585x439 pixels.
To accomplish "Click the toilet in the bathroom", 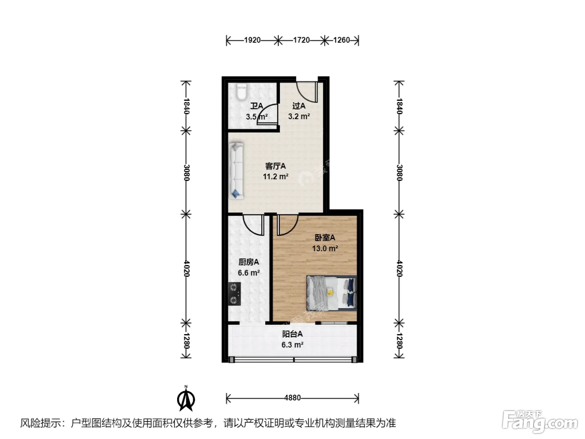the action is [242, 92].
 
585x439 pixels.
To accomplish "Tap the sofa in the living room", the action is [236, 171].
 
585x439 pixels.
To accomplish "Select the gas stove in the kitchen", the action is [234, 294].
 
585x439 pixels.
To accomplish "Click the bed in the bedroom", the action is [331, 293].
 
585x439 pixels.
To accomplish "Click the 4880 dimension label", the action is [292, 398].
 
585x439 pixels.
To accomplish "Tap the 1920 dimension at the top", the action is [252, 40].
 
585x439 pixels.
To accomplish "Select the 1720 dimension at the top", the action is [301, 40].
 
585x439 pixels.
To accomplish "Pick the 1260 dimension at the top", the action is [341, 40].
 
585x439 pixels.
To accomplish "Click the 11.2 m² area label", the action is [275, 176].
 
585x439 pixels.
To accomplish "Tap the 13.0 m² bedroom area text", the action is [325, 248].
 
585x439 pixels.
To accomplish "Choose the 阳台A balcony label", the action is [292, 334].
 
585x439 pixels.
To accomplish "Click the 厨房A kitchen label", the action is [249, 262].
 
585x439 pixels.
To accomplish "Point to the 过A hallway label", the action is [299, 106].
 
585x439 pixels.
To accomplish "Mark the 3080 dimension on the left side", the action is [186, 173].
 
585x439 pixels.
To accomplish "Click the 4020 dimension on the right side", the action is [399, 268].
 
